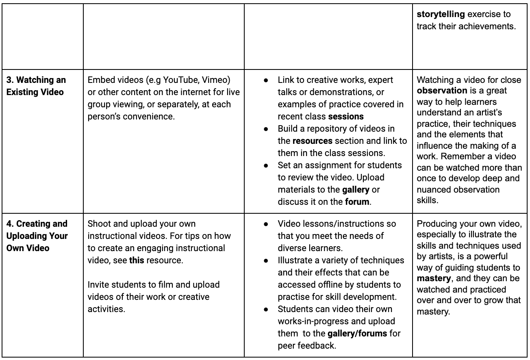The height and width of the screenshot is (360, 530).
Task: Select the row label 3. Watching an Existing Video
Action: click(x=36, y=86)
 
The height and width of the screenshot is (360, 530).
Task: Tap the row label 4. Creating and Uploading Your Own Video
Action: click(x=37, y=236)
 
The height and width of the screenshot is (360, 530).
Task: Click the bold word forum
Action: click(x=357, y=202)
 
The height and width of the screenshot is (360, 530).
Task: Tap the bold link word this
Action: click(x=137, y=260)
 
